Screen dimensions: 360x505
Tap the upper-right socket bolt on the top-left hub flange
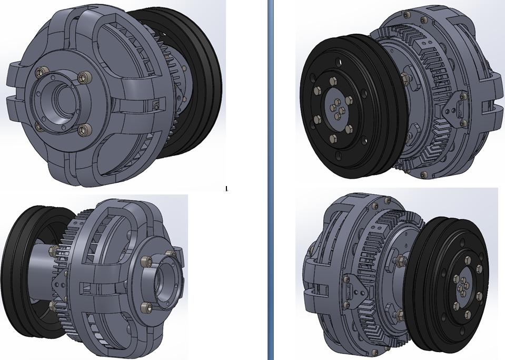83,78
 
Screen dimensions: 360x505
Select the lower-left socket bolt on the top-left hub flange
38,126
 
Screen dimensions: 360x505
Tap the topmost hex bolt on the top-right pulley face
332,81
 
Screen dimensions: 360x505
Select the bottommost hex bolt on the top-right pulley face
333,139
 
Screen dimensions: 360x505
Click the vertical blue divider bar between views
271,180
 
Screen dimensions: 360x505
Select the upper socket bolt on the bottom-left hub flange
148,260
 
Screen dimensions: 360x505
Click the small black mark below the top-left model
226,188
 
